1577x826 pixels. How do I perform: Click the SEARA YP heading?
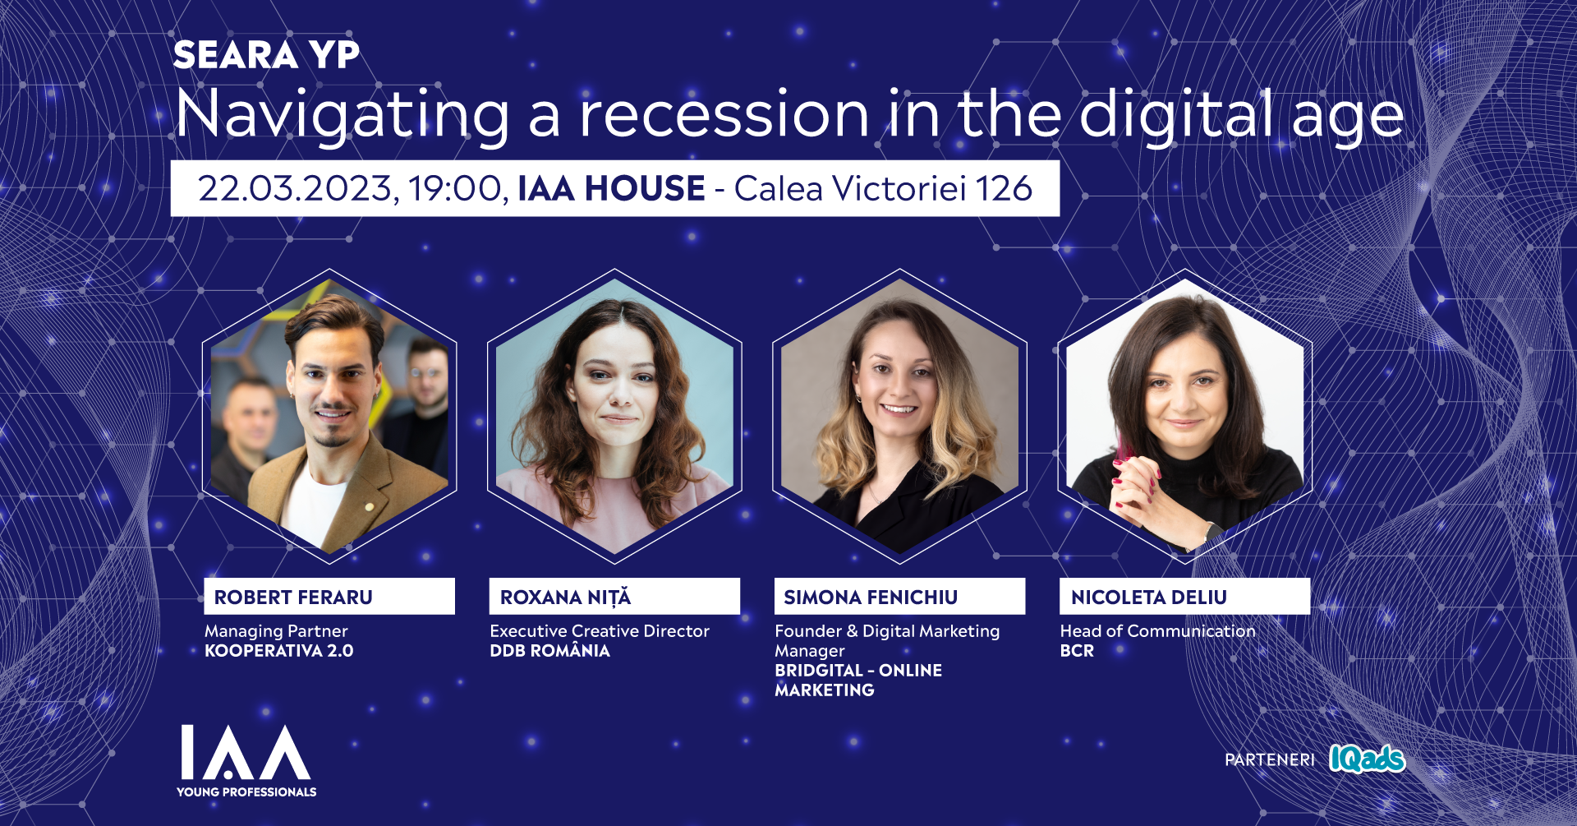pyautogui.click(x=266, y=55)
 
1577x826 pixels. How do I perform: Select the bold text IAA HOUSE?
pyautogui.click(x=611, y=188)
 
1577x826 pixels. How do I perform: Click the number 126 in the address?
pyautogui.click(x=1003, y=188)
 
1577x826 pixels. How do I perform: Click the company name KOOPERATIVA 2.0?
pyautogui.click(x=279, y=651)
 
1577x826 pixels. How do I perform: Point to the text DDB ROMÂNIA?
pyautogui.click(x=549, y=650)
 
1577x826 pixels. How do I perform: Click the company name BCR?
pyautogui.click(x=1077, y=651)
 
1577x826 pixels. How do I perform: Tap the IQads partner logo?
pyautogui.click(x=1367, y=759)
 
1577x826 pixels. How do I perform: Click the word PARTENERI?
pyautogui.click(x=1270, y=759)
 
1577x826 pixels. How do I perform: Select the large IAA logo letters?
pyautogui.click(x=246, y=752)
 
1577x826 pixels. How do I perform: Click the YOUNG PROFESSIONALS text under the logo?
pyautogui.click(x=246, y=792)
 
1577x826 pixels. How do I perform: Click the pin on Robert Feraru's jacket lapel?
pyautogui.click(x=370, y=506)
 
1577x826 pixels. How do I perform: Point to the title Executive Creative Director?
pyautogui.click(x=600, y=631)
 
